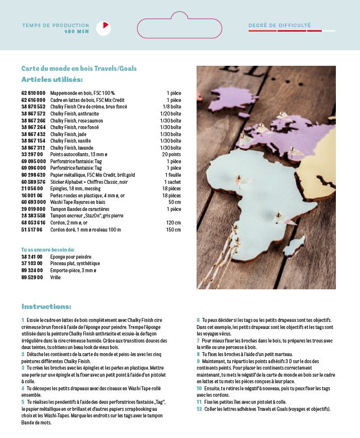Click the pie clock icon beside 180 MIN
[103, 28]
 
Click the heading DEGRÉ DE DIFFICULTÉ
[280, 25]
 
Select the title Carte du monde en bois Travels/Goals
[79, 68]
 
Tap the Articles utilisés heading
[52, 79]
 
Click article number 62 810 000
[33, 93]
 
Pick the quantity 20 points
[171, 154]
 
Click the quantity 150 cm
[173, 230]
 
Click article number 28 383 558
[33, 215]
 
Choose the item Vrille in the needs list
[55, 277]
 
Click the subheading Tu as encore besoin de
[48, 249]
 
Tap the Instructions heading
[46, 306]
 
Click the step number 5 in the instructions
[23, 402]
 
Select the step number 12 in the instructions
[199, 409]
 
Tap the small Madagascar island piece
[294, 246]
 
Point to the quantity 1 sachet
[172, 181]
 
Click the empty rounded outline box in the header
[179, 28]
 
